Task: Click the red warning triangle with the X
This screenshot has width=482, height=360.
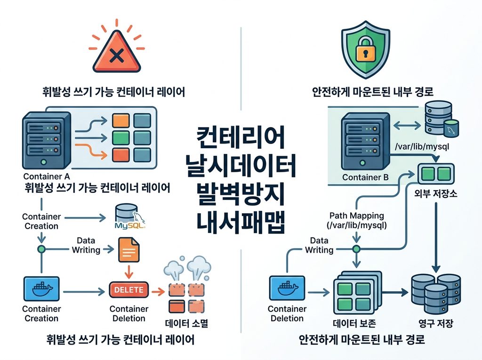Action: coord(117,52)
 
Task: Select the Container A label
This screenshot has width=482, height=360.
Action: coord(47,176)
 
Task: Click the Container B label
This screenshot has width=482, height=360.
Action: coord(365,177)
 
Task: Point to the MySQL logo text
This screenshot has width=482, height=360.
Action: coord(129,226)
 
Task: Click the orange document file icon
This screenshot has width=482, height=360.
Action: coord(129,249)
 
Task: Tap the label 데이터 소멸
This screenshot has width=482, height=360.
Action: coord(186,323)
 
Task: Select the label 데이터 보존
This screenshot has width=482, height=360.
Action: coord(354,323)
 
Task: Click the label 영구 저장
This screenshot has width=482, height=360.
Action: coord(435,323)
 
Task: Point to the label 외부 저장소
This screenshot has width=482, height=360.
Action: coord(435,193)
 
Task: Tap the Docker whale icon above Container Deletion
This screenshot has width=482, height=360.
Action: coord(287,288)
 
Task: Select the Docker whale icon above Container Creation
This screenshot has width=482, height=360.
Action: coord(41,288)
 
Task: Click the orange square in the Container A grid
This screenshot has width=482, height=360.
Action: coord(120,120)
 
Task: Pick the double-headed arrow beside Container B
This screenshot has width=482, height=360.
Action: coord(407,125)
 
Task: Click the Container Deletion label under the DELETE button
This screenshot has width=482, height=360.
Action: coord(129,313)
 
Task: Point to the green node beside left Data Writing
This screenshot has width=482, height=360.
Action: coord(41,249)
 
